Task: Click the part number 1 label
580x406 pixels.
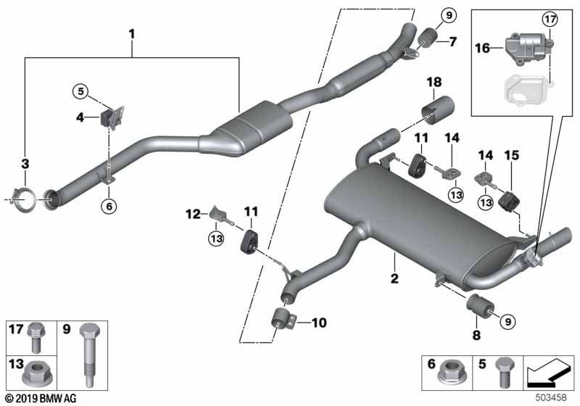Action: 132,33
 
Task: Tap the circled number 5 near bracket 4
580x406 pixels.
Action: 79,91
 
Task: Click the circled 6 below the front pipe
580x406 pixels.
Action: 109,207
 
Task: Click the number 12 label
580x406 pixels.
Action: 192,213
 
